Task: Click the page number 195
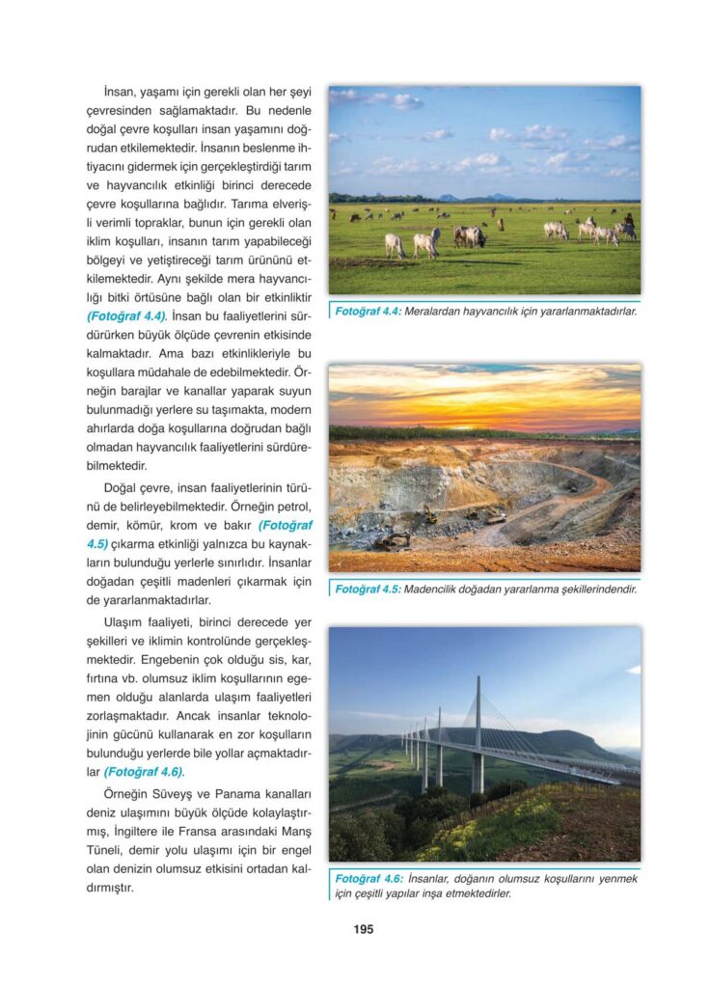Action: click(363, 929)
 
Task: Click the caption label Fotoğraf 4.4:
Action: click(367, 312)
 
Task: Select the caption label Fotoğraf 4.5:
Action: click(367, 588)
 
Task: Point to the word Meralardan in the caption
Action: click(440, 312)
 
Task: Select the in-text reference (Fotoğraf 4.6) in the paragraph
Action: click(144, 772)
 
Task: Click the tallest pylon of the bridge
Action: click(478, 733)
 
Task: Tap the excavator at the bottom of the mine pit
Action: click(395, 540)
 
